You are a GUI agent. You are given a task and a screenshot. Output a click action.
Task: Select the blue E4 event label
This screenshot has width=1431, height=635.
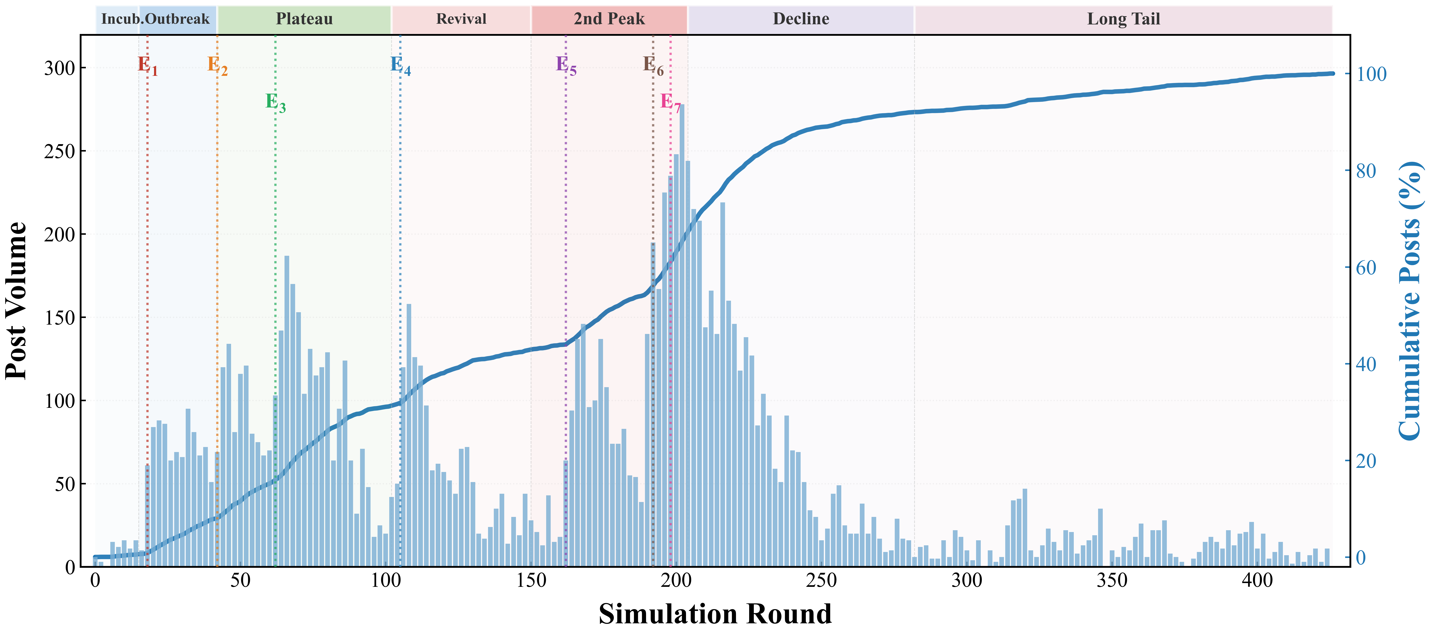(x=400, y=65)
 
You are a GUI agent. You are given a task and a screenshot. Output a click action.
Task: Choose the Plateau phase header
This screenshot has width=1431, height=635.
(x=304, y=19)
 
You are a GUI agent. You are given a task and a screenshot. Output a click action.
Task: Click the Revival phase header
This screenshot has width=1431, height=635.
(x=461, y=19)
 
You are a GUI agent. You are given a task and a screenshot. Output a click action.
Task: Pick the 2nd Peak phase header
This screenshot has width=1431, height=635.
(x=609, y=19)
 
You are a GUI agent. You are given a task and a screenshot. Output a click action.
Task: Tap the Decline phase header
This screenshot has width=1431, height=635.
(x=801, y=19)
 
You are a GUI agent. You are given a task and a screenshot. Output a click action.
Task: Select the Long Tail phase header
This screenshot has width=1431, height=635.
(x=1123, y=19)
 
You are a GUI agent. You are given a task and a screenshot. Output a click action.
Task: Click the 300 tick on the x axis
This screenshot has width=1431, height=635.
(x=967, y=581)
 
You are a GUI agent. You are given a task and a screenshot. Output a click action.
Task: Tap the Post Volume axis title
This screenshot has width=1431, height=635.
(x=17, y=301)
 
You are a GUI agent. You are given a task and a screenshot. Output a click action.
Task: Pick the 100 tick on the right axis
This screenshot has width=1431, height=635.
(x=1371, y=74)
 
